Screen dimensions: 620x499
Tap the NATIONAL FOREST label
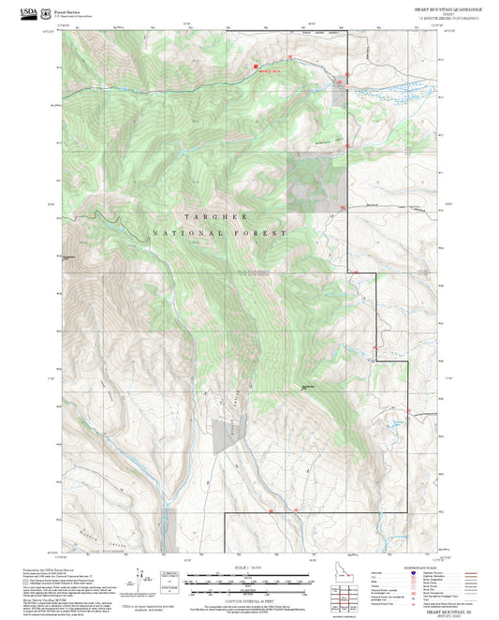[x=221, y=233]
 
